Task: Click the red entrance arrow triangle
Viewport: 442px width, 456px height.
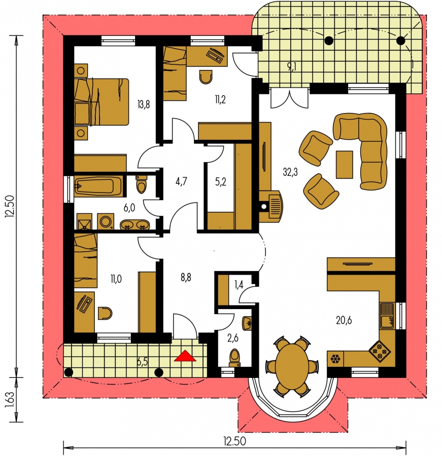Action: (185, 356)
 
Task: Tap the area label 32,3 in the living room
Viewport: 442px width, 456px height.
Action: (290, 172)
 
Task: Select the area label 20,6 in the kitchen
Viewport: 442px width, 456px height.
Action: (344, 320)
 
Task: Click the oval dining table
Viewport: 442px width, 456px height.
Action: (292, 366)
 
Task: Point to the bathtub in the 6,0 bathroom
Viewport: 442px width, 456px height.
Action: (95, 186)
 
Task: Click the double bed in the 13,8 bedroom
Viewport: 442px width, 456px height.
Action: (101, 102)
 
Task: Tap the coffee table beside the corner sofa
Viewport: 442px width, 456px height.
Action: (345, 164)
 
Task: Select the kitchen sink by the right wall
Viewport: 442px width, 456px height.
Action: (387, 316)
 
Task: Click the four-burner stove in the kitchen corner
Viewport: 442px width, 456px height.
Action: (380, 351)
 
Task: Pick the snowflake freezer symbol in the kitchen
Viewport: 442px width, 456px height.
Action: (335, 359)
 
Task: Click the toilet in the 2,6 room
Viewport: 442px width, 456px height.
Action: (234, 358)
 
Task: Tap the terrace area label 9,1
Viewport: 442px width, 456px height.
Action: (291, 67)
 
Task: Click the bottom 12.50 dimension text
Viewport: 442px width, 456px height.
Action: (234, 441)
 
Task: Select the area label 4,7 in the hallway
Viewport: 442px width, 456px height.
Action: (181, 181)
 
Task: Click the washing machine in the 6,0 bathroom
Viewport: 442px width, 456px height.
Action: (106, 221)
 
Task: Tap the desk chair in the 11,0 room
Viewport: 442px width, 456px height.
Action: (105, 313)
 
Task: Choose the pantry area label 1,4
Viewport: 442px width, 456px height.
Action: (239, 285)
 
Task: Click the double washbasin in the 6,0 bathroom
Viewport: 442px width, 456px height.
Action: (134, 224)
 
